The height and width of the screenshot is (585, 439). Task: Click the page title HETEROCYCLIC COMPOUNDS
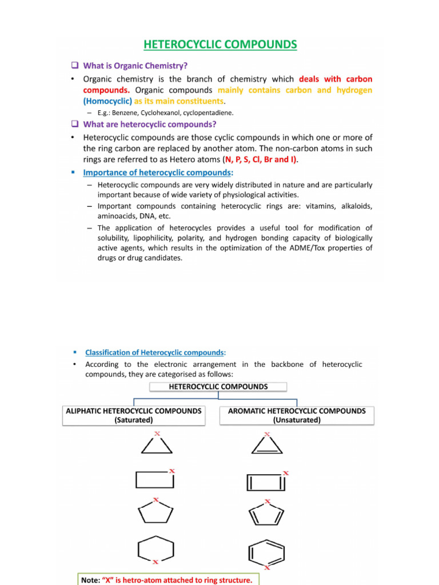220,45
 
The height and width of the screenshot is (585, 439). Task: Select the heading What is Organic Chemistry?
135,66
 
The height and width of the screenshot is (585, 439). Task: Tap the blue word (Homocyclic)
107,101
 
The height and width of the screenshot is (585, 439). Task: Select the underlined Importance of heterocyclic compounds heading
157,172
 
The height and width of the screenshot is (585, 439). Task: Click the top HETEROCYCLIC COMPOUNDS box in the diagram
218,387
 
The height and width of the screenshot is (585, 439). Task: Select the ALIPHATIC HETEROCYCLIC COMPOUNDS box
134,415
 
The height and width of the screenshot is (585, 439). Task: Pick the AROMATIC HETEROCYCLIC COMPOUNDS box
297,415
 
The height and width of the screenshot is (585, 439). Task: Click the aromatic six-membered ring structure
266,553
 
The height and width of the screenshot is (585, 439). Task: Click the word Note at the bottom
90,580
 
